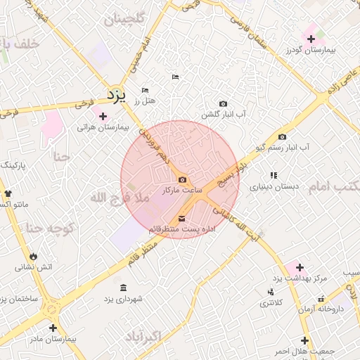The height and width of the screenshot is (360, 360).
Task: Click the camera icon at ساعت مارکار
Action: tap(183, 180)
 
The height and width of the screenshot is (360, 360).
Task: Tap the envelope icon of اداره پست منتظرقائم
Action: tap(183, 218)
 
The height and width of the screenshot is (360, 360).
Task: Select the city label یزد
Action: tap(116, 94)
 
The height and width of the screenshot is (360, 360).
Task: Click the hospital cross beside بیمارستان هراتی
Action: tap(103, 116)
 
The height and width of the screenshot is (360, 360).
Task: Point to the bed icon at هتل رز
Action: tap(146, 91)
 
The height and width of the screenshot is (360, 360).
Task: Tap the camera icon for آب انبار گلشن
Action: tap(224, 103)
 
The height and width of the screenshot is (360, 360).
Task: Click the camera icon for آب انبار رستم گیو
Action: tap(282, 137)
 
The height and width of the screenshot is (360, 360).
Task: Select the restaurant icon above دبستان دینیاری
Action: tap(273, 175)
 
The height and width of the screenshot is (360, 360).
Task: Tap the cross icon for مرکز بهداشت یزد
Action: tap(300, 267)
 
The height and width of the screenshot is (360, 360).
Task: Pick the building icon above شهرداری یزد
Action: tap(124, 288)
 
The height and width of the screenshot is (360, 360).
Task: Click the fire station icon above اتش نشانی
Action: tap(34, 255)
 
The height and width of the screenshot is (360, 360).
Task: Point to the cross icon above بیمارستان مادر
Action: tap(53, 328)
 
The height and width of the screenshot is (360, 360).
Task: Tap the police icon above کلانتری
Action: tap(271, 292)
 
